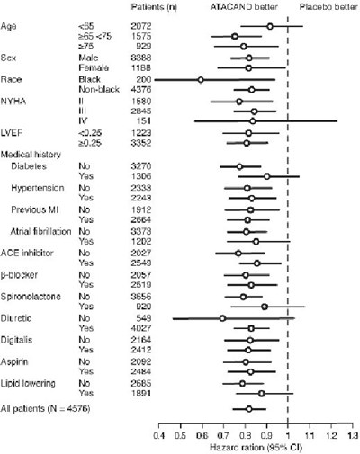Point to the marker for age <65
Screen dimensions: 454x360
click(x=270, y=27)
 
